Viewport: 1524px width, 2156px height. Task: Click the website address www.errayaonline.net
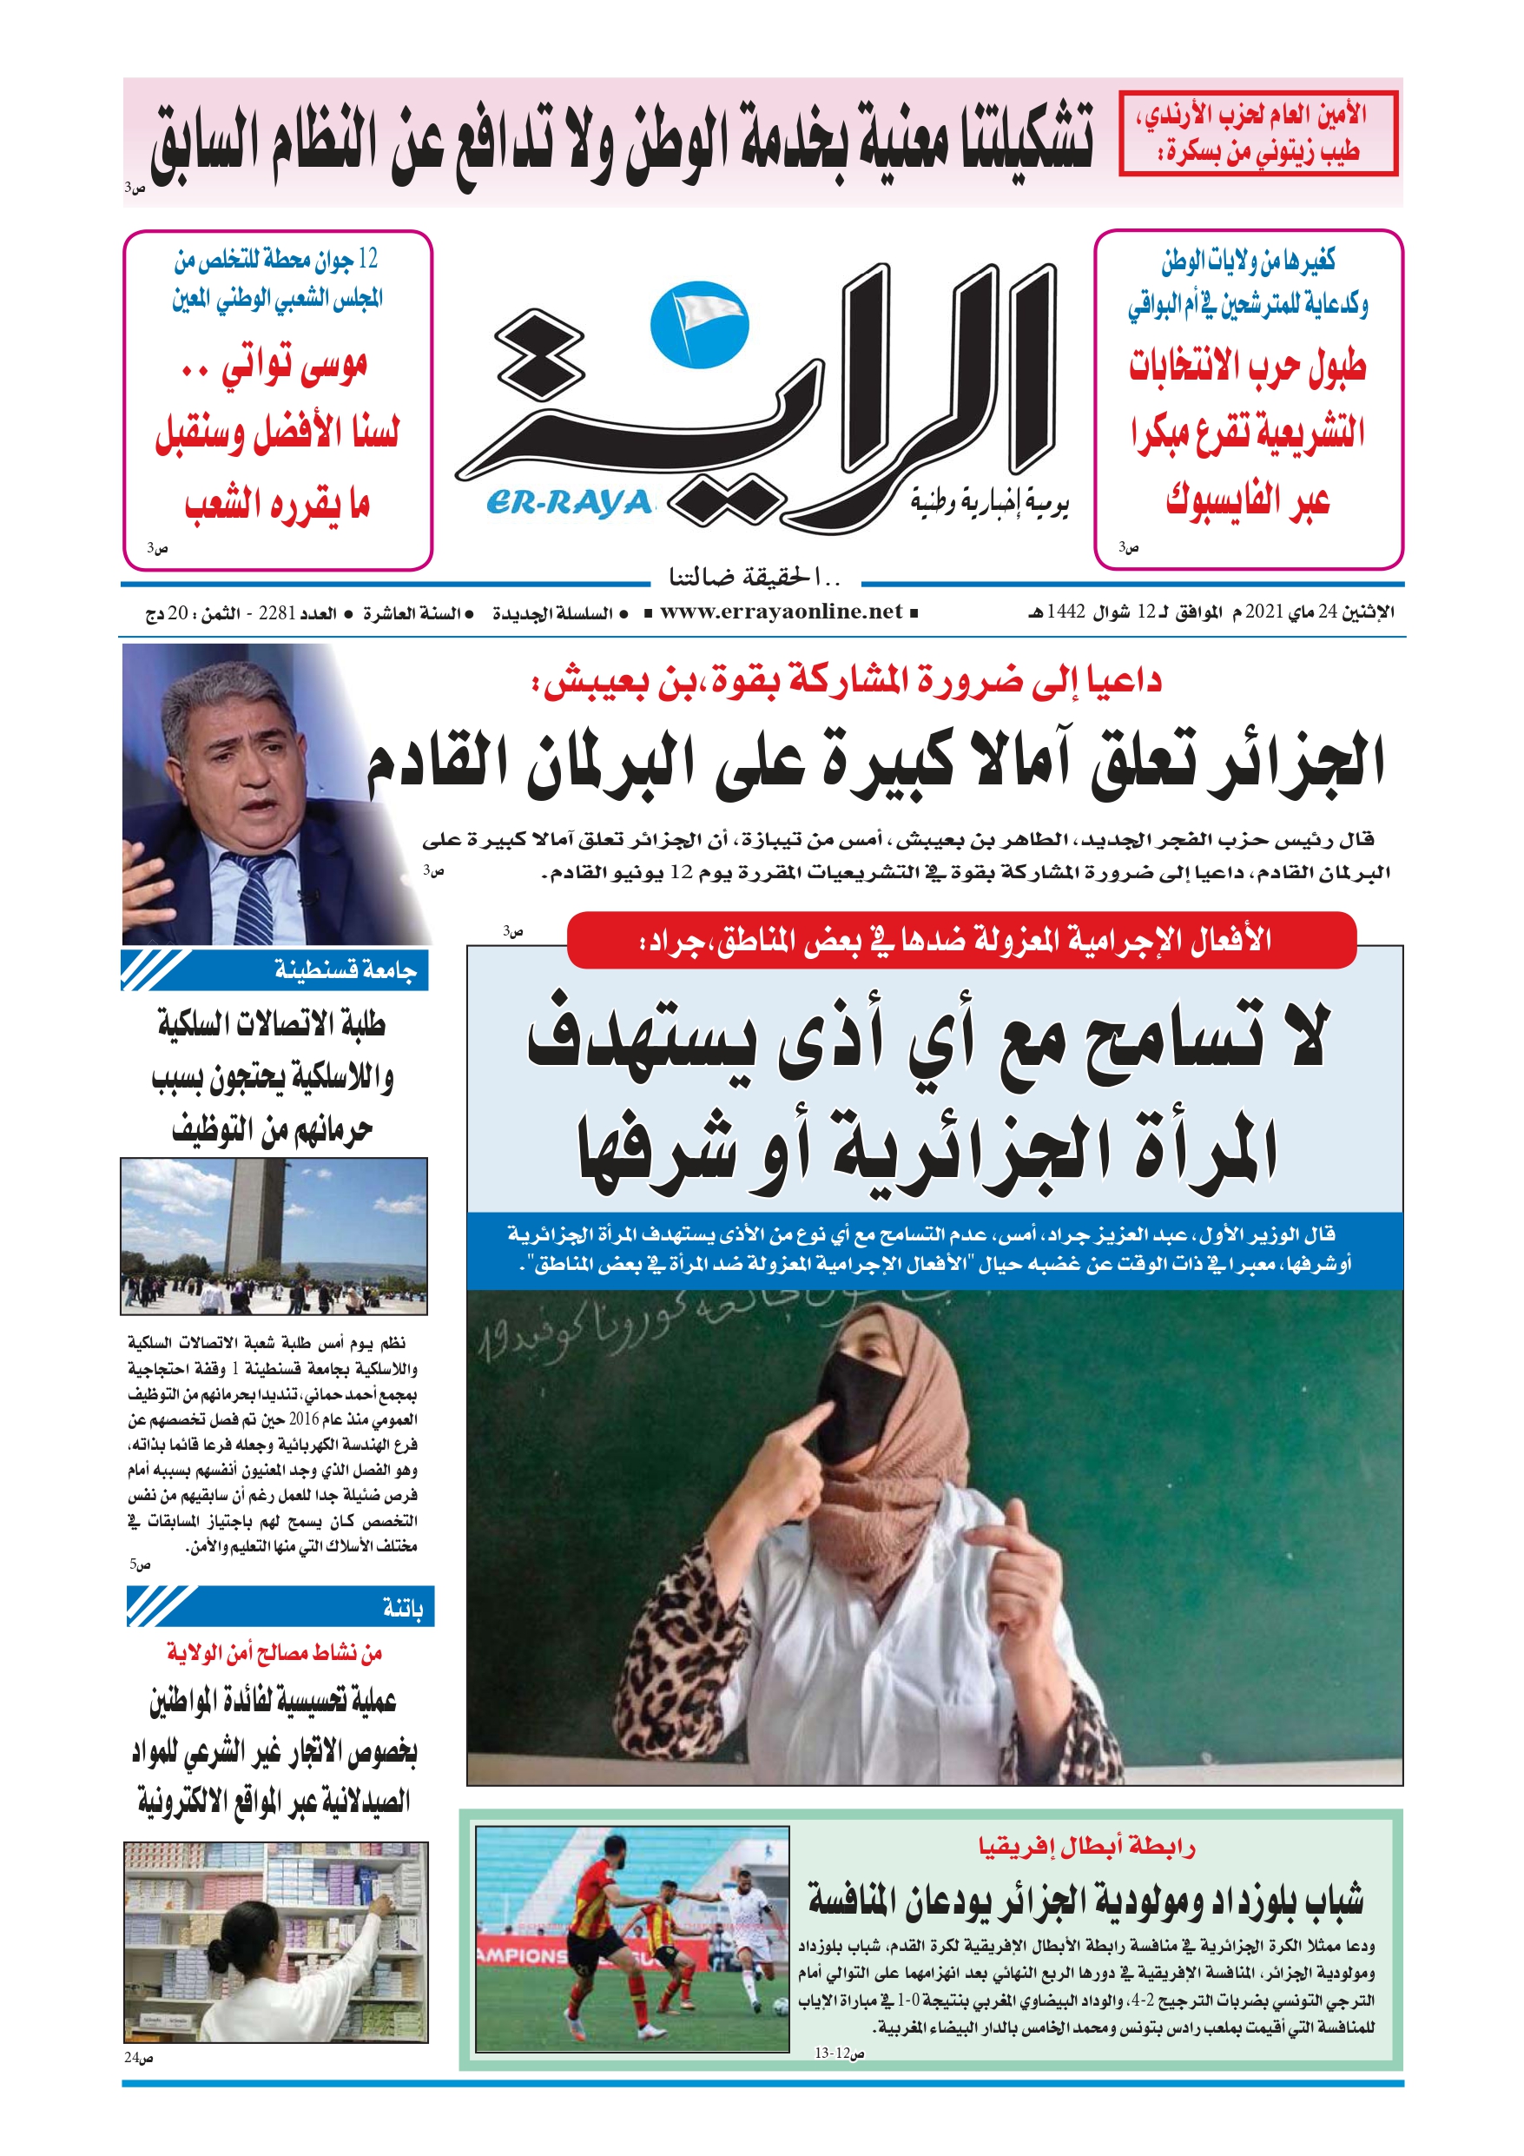781,612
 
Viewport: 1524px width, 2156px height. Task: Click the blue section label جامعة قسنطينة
345,970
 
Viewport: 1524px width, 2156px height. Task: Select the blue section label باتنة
403,1608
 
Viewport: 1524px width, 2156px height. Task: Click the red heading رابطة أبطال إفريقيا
1086,1847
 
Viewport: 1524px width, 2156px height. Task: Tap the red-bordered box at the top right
1258,134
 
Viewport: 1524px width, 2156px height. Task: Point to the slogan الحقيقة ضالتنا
751,575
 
